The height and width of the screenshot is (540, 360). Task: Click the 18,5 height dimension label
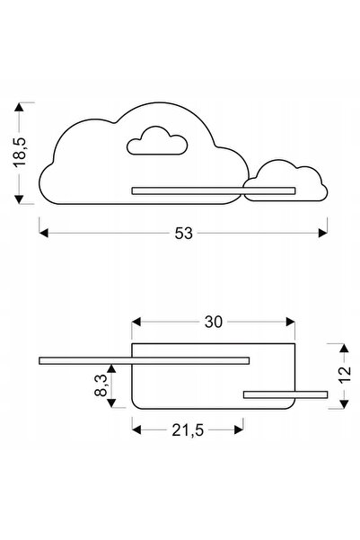click(x=19, y=152)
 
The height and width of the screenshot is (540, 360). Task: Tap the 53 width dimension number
click(x=183, y=234)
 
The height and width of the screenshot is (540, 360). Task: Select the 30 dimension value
click(x=214, y=322)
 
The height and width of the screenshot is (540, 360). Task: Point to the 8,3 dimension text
click(x=101, y=385)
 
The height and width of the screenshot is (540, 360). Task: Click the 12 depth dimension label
click(x=344, y=375)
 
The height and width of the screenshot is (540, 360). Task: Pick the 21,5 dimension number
click(x=188, y=429)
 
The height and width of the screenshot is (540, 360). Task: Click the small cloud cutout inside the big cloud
click(x=157, y=141)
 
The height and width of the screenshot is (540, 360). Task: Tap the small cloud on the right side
click(x=285, y=181)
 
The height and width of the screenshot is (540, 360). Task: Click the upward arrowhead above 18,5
click(x=19, y=107)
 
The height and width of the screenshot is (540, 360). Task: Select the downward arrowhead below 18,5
click(x=19, y=199)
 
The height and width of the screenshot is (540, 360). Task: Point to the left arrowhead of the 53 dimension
click(x=44, y=233)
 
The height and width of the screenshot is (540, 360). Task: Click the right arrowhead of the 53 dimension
click(x=323, y=233)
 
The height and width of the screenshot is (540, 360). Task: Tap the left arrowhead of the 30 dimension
click(x=136, y=322)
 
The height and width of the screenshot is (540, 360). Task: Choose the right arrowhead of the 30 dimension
click(x=291, y=322)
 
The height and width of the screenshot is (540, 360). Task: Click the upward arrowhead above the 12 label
click(x=344, y=348)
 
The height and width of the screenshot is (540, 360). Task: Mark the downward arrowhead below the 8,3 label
click(x=111, y=403)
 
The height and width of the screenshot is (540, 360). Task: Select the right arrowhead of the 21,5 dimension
click(x=239, y=429)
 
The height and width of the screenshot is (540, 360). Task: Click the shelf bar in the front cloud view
click(x=214, y=190)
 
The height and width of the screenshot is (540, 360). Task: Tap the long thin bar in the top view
click(x=145, y=360)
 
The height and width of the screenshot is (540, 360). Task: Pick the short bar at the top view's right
click(x=285, y=394)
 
